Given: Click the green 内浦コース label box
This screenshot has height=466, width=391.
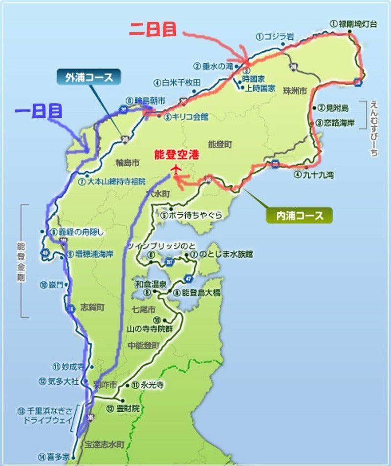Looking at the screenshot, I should coord(299,215).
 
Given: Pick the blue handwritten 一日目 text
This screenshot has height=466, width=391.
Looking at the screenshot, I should coord(39,111).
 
